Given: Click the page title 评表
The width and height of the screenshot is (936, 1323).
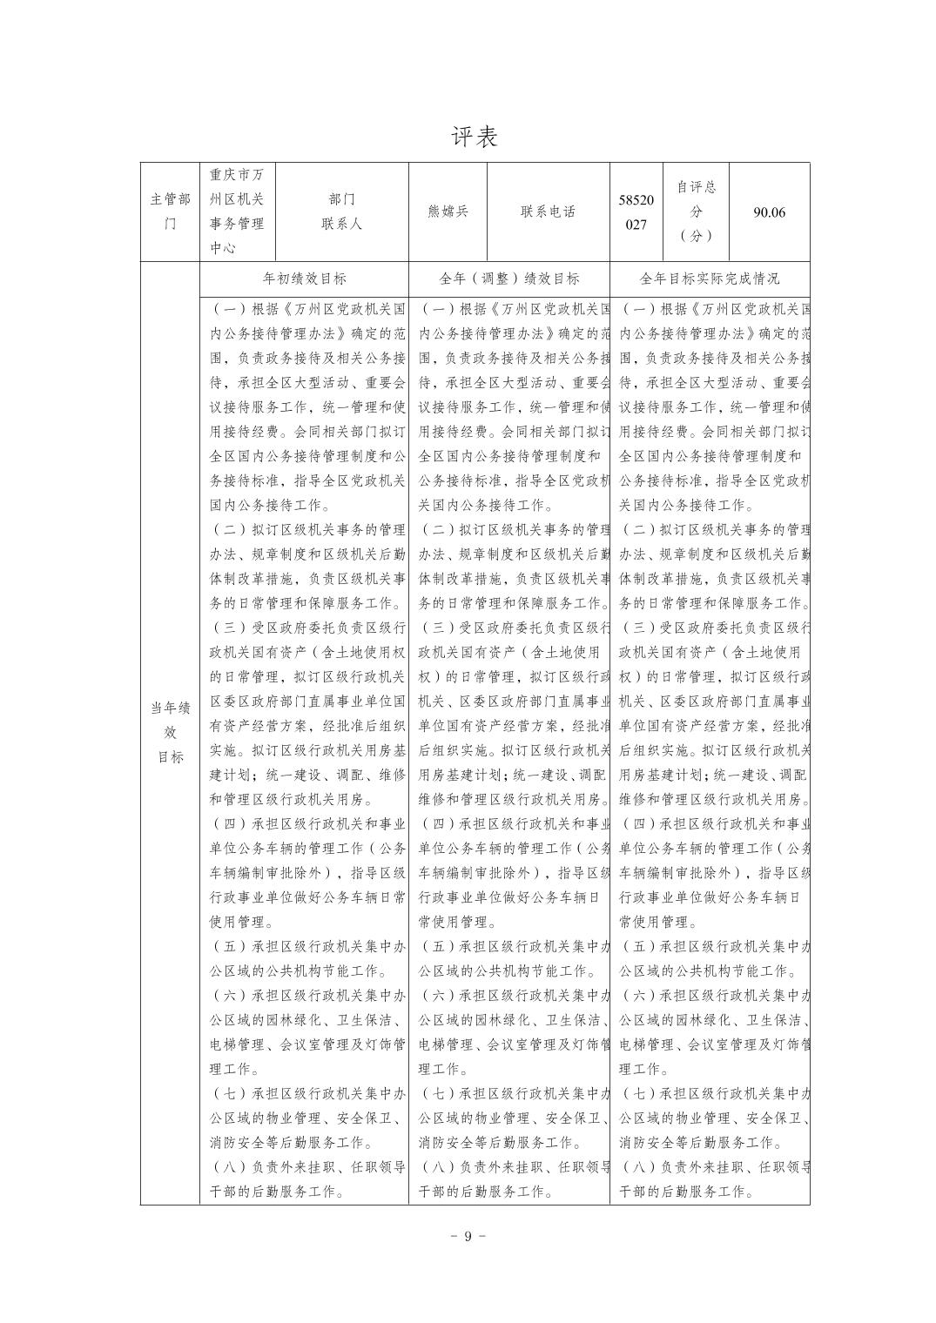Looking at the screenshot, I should click(475, 137).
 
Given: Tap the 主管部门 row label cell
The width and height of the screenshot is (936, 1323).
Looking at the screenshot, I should click(170, 212).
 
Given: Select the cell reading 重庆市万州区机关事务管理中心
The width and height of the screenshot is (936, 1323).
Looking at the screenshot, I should click(237, 212).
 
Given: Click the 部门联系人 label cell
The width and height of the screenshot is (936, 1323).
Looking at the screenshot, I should click(341, 212).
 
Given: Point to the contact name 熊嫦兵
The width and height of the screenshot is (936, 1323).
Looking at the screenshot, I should click(448, 212).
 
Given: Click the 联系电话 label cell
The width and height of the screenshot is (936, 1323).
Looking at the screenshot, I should click(548, 212).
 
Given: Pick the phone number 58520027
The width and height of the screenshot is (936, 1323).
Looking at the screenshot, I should click(636, 212).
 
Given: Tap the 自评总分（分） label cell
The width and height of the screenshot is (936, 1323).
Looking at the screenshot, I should click(696, 212).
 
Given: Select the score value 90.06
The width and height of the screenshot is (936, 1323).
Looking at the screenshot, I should click(769, 212).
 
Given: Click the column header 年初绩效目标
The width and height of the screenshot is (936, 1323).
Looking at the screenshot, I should click(304, 279).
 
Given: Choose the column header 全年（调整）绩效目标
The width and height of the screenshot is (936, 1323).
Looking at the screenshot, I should click(508, 279).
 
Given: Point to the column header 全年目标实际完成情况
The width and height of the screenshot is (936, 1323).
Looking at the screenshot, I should click(710, 279).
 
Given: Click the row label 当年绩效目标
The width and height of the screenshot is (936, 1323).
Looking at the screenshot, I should click(170, 732).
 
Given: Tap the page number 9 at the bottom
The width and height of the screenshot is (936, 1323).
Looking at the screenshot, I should click(468, 1237).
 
